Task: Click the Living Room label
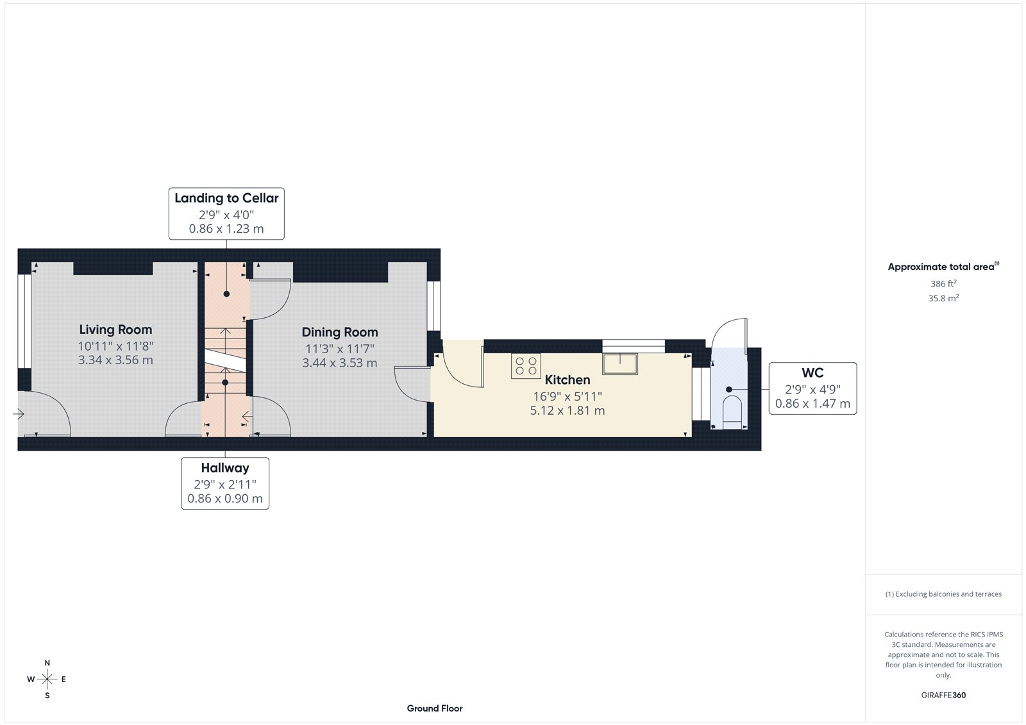tap(115, 329)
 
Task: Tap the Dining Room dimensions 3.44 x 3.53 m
tap(339, 363)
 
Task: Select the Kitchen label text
tap(567, 379)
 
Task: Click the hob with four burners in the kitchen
tap(526, 366)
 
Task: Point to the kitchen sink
tap(619, 363)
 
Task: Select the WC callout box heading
tap(812, 372)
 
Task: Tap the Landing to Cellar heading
tap(226, 198)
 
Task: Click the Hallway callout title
tap(224, 468)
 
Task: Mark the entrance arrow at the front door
tap(19, 415)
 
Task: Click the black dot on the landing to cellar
tap(226, 294)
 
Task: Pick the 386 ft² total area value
tap(943, 283)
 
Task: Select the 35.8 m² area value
tap(943, 298)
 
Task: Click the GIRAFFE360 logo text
tap(943, 695)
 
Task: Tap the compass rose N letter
tap(47, 663)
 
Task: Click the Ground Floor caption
tap(434, 708)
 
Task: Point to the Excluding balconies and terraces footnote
tap(943, 594)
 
